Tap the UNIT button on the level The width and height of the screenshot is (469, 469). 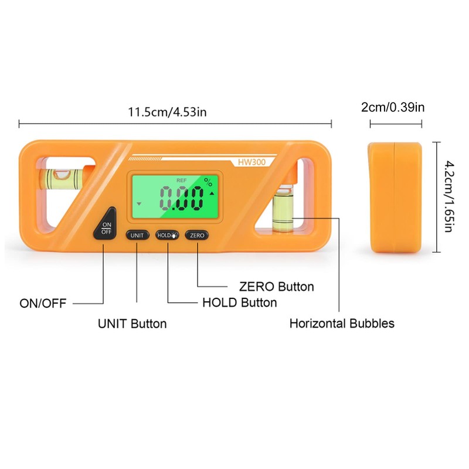tap(137, 235)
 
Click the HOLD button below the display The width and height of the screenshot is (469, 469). tap(167, 235)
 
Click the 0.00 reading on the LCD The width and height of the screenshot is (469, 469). tap(182, 198)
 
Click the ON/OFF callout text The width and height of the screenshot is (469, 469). tap(43, 304)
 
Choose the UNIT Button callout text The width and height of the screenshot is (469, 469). tap(132, 324)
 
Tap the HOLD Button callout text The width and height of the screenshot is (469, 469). tap(239, 303)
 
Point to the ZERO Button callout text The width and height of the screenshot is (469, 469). tap(277, 287)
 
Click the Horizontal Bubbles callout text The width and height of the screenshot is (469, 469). tap(342, 323)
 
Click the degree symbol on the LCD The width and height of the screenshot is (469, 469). tap(207, 182)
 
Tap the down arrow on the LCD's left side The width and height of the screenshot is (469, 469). tap(140, 203)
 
